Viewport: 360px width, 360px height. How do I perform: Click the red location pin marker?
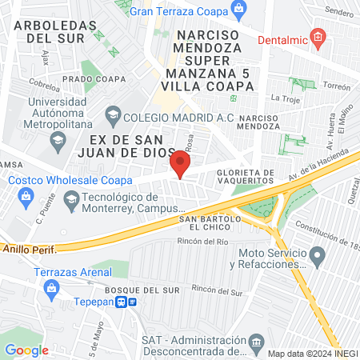pyautogui.click(x=181, y=165)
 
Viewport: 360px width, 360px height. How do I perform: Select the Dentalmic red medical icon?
pyautogui.click(x=318, y=36)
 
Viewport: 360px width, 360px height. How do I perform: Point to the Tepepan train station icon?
pyautogui.click(x=122, y=302)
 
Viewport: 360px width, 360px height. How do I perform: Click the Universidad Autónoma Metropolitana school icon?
pyautogui.click(x=58, y=142)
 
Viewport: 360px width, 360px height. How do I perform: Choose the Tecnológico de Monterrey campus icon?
pyautogui.click(x=71, y=199)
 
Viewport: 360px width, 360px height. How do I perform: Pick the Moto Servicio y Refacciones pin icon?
pyautogui.click(x=318, y=258)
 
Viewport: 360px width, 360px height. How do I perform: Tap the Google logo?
pyautogui.click(x=26, y=350)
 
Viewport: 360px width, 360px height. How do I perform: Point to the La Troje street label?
pyautogui.click(x=284, y=98)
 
